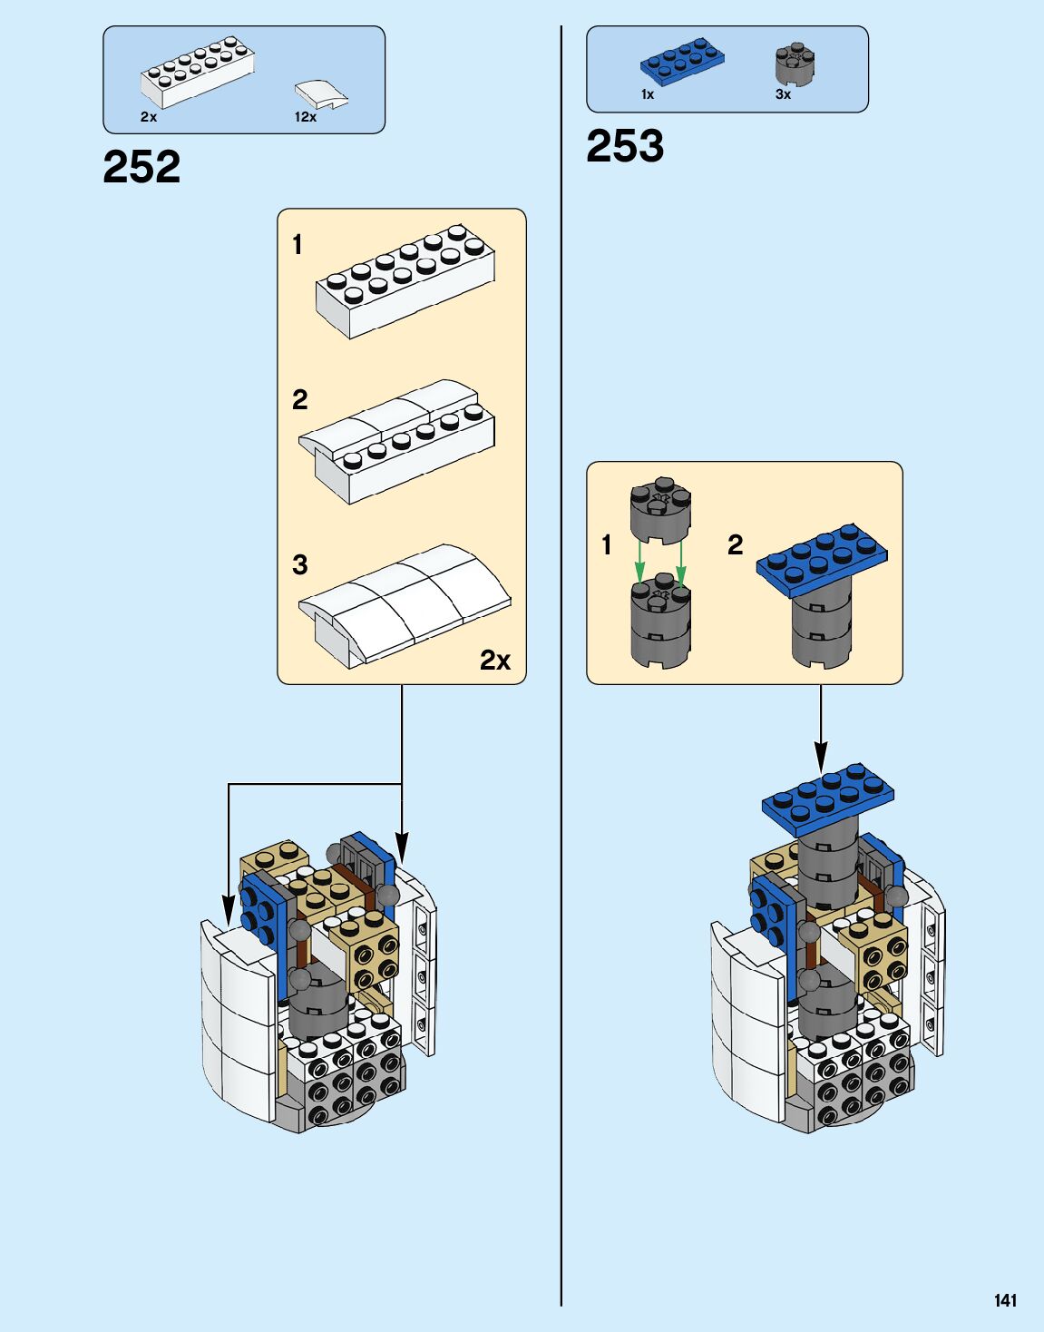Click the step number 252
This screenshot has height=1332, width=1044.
coord(141,167)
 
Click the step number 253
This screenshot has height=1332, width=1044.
coord(625,146)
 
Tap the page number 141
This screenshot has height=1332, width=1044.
coord(1005,1300)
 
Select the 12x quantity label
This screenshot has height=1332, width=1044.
coord(306,117)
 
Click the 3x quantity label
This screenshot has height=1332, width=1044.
coord(783,94)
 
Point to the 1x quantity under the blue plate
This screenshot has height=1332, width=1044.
coord(648,94)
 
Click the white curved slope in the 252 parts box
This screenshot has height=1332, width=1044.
coord(321,93)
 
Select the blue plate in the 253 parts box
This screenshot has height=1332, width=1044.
coord(682,60)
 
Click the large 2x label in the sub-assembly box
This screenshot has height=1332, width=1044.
coord(495,661)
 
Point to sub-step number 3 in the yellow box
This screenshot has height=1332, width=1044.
coord(300,565)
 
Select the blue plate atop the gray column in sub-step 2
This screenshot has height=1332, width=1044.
coord(822,555)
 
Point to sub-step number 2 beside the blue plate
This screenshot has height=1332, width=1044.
coord(735,544)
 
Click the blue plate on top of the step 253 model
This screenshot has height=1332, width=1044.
coord(827,798)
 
